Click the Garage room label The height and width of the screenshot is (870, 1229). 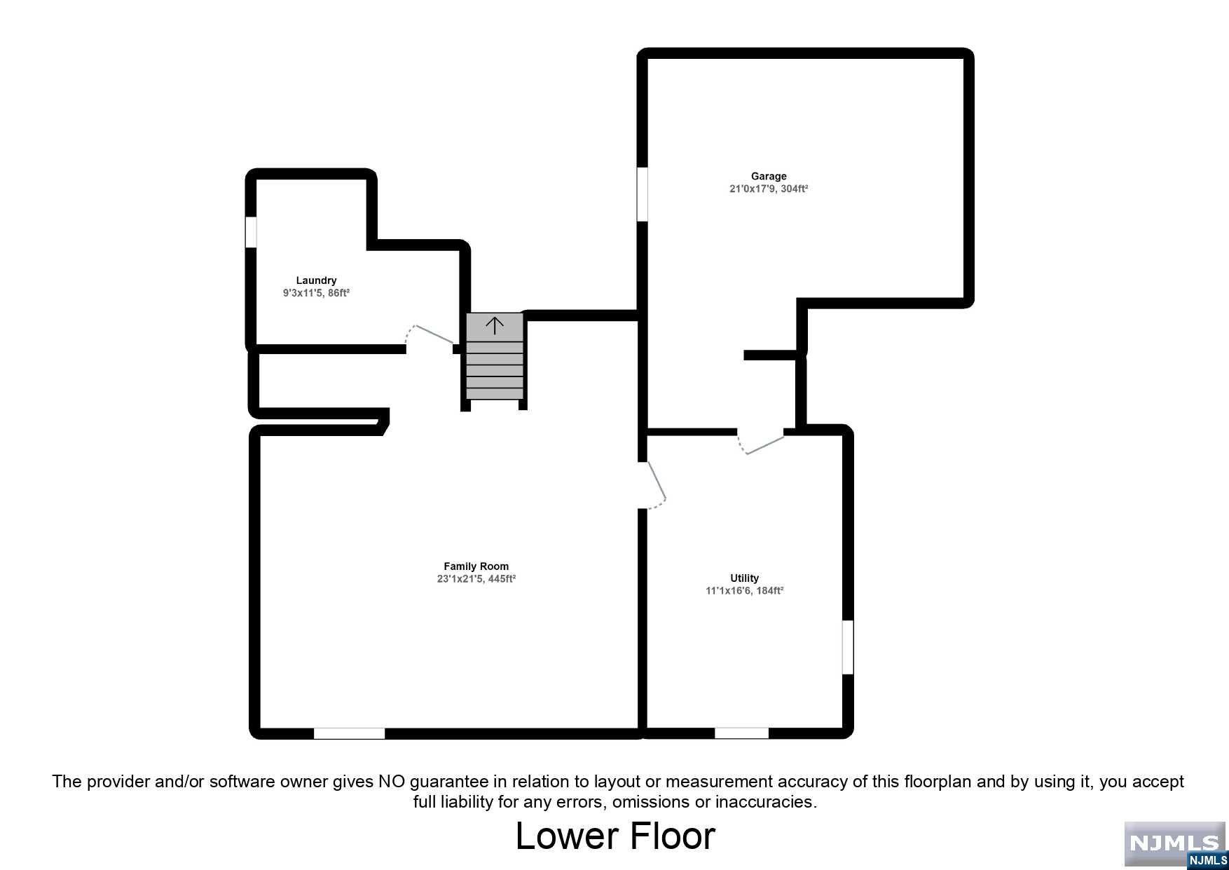pyautogui.click(x=769, y=177)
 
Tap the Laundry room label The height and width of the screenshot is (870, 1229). pyautogui.click(x=316, y=280)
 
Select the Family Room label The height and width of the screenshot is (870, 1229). pyautogui.click(x=476, y=566)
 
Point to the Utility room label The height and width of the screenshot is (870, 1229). pyautogui.click(x=744, y=578)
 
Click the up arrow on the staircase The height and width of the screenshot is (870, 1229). pyautogui.click(x=495, y=325)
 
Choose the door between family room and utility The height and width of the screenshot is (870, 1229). pyautogui.click(x=654, y=484)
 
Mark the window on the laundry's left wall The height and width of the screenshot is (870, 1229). pyautogui.click(x=251, y=232)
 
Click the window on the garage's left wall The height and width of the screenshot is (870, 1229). pyautogui.click(x=642, y=193)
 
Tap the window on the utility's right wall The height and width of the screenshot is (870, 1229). pyautogui.click(x=848, y=647)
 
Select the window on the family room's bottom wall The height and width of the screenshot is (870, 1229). pyautogui.click(x=349, y=733)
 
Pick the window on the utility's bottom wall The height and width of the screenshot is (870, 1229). pyautogui.click(x=741, y=733)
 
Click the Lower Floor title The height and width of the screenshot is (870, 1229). pyautogui.click(x=615, y=836)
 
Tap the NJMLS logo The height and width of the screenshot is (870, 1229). pyautogui.click(x=1175, y=845)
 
